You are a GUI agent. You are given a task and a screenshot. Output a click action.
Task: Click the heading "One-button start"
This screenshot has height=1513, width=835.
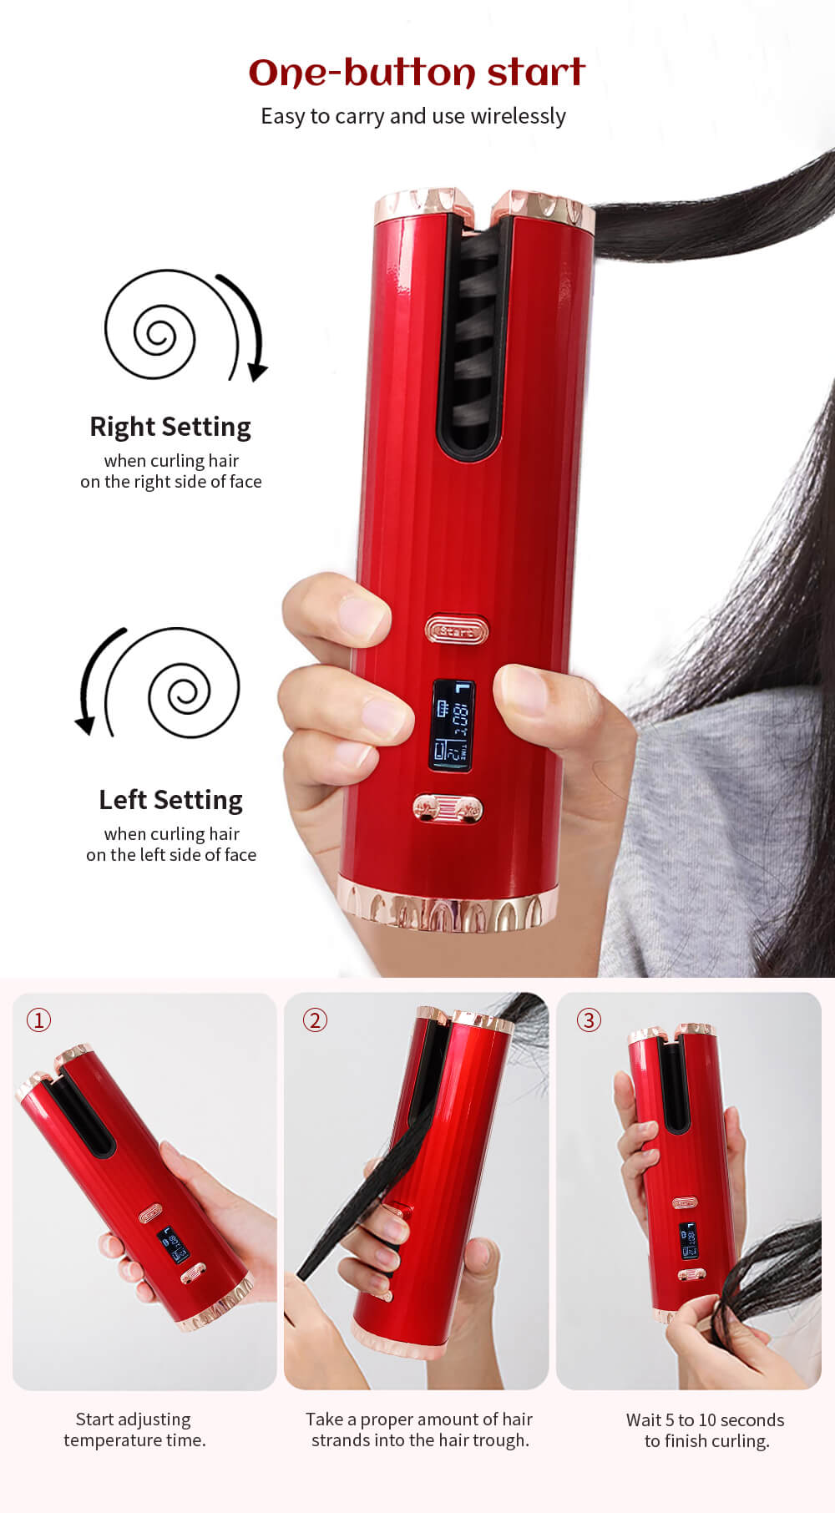coord(417,73)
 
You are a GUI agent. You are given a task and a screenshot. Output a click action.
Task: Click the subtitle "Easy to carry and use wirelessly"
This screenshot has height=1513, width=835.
coord(413,116)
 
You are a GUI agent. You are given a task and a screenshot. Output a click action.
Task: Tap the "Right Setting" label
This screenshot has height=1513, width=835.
coord(170,427)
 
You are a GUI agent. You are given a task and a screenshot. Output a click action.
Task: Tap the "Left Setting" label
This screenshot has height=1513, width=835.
coord(170,800)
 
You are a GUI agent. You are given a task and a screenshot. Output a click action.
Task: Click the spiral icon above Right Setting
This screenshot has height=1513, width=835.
coord(150,326)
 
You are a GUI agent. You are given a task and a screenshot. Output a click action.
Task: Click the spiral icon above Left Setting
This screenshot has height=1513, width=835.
coord(193,683)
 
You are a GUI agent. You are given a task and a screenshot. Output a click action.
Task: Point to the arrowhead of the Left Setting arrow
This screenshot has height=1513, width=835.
coord(85,725)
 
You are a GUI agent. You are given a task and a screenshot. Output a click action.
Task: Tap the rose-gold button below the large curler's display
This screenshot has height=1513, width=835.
coord(448,808)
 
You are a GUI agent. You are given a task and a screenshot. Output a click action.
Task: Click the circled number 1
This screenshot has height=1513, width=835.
coord(38,1020)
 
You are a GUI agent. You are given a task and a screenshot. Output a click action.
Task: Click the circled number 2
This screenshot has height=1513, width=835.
coord(315,1020)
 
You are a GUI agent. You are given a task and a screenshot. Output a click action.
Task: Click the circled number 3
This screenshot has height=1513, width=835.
coord(589,1020)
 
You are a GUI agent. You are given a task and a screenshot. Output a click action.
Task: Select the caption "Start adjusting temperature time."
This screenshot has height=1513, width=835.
coord(134,1430)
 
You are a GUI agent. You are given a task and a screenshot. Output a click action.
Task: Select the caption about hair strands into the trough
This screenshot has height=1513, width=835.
coord(419,1430)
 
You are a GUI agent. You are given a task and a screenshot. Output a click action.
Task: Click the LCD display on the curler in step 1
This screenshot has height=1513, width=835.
coord(174,1244)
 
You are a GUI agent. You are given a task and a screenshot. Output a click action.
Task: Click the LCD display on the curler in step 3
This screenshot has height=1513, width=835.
coord(688,1241)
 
